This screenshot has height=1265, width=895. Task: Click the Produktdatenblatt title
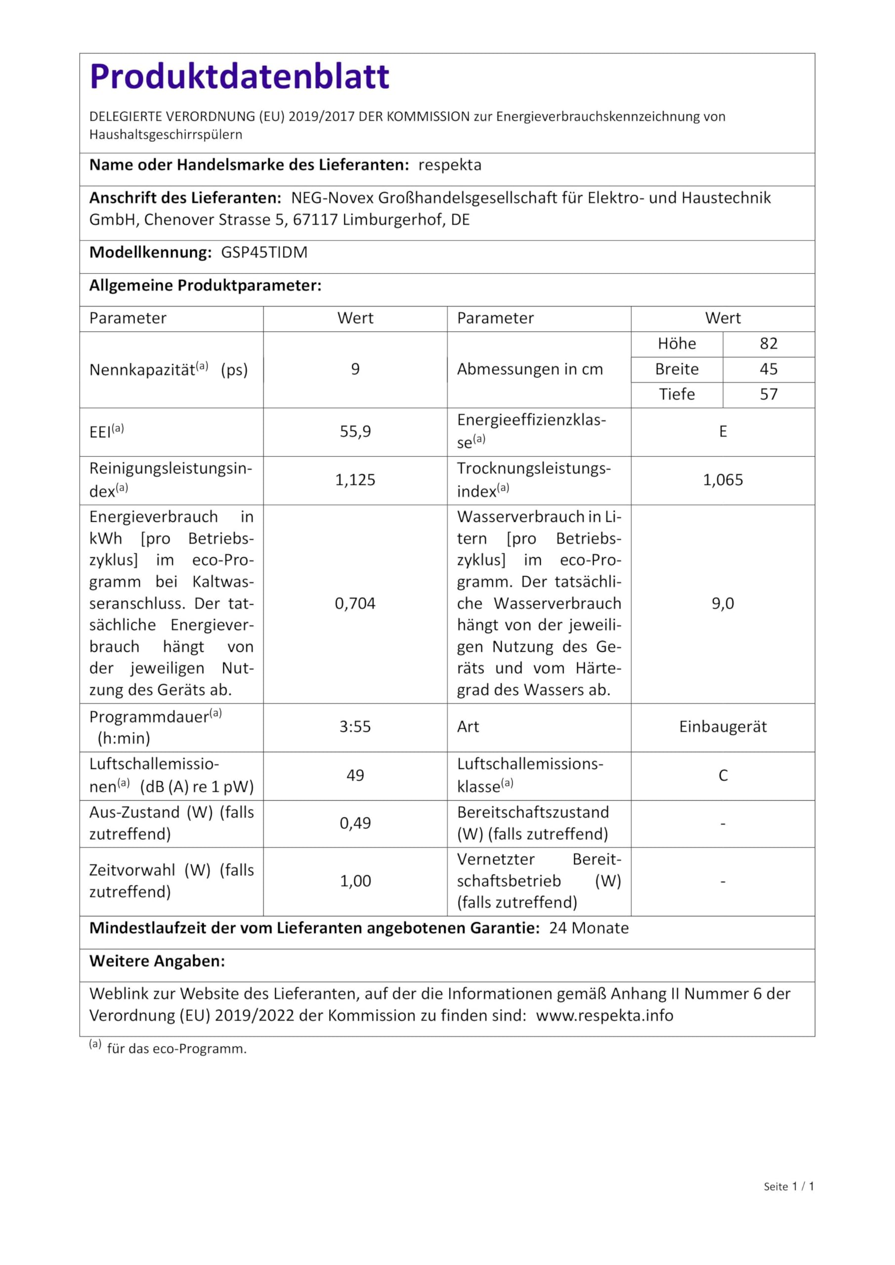click(x=239, y=76)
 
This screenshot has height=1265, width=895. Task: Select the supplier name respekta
click(x=450, y=165)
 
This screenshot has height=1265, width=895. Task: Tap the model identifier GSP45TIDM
click(x=264, y=253)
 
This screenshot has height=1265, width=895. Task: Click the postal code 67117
click(x=315, y=220)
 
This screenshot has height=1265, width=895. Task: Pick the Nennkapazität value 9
click(x=355, y=369)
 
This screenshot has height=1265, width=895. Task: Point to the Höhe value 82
click(x=768, y=344)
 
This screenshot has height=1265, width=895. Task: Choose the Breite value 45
click(x=768, y=369)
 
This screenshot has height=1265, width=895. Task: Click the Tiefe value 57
click(x=768, y=394)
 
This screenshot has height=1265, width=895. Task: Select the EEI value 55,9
click(x=355, y=431)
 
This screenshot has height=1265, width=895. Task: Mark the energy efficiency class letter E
click(x=723, y=431)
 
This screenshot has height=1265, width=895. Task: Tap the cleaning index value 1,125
click(x=355, y=480)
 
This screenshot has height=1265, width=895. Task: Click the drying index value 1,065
click(x=723, y=480)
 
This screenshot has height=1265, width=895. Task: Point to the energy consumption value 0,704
click(x=355, y=604)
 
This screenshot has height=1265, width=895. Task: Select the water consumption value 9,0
click(x=723, y=604)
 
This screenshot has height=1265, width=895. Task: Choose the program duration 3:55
click(x=355, y=727)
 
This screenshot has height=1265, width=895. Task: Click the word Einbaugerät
click(x=723, y=727)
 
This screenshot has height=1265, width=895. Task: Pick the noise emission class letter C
click(x=723, y=776)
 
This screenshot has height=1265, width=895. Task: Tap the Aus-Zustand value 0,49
click(x=355, y=823)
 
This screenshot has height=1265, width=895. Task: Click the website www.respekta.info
click(x=604, y=1015)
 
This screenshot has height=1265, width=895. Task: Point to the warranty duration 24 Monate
click(x=589, y=928)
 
